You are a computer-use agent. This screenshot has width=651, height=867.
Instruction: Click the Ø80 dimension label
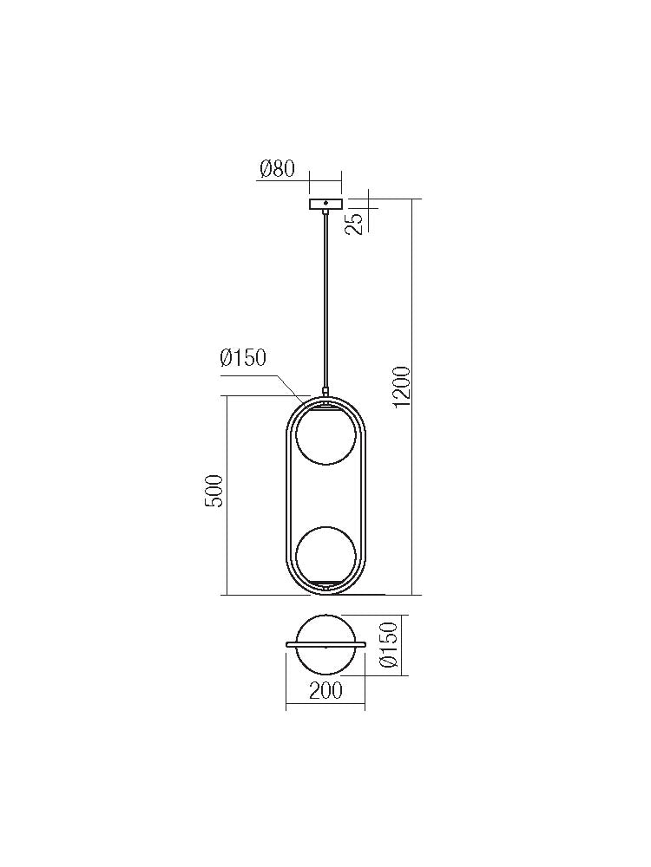tap(277, 168)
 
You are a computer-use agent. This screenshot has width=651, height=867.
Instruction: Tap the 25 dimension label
tap(353, 224)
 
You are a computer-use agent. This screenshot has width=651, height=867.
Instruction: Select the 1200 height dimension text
tap(400, 387)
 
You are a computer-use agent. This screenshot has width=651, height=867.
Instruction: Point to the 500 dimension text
tap(214, 491)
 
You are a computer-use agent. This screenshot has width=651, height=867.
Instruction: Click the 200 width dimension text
tap(325, 691)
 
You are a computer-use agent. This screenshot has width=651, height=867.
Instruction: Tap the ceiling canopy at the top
tap(325, 205)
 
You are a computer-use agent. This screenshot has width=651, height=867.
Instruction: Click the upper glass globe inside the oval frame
tap(325, 436)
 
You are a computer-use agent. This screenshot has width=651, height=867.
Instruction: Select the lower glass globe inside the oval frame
tap(325, 555)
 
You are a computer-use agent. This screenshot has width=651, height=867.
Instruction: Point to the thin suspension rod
tap(325, 295)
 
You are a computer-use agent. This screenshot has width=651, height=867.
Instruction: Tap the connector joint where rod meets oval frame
tap(325, 393)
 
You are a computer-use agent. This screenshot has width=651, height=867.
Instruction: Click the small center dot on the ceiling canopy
tap(325, 204)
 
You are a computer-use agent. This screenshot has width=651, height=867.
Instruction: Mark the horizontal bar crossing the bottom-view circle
tap(325, 644)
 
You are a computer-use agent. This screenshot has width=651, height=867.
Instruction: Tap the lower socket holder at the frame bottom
tap(325, 587)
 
